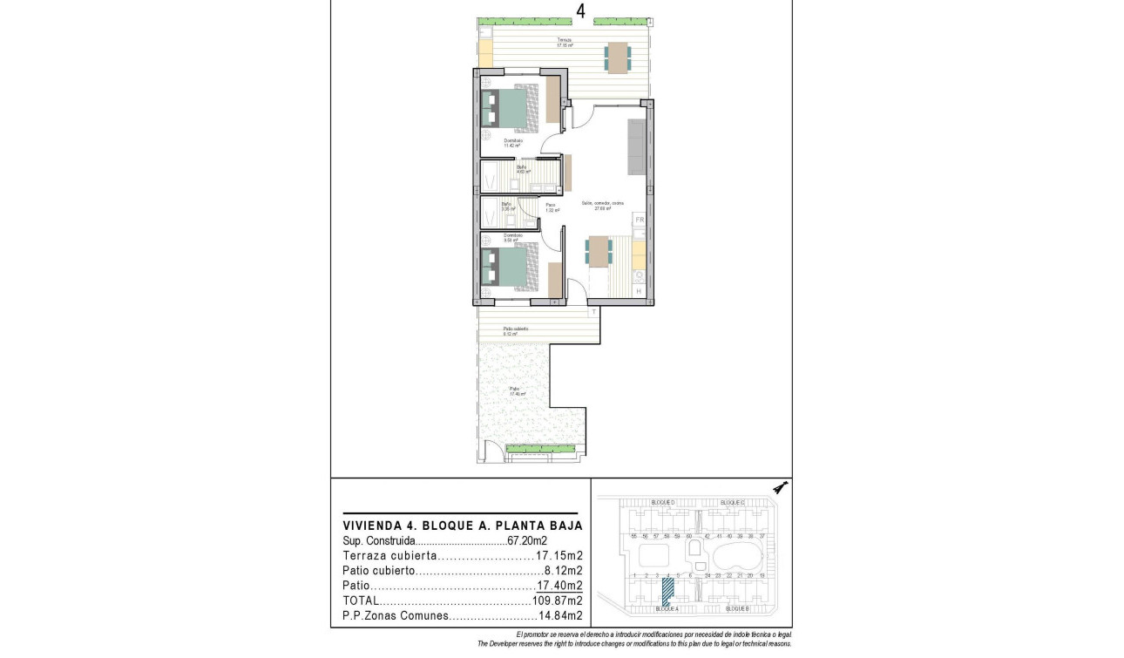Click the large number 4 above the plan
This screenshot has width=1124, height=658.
580,10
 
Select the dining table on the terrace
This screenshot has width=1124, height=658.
618,58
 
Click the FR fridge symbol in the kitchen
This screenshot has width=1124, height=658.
639,220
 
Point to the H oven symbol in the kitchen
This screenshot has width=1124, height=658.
639,291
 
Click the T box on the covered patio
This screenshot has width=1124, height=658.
593,311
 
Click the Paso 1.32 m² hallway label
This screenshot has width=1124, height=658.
552,207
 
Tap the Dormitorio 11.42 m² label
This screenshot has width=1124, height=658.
512,143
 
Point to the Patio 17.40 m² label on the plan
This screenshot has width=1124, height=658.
518,391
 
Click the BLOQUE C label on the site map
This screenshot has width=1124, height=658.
732,503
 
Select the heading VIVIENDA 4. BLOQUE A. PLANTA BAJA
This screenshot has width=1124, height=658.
462,526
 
